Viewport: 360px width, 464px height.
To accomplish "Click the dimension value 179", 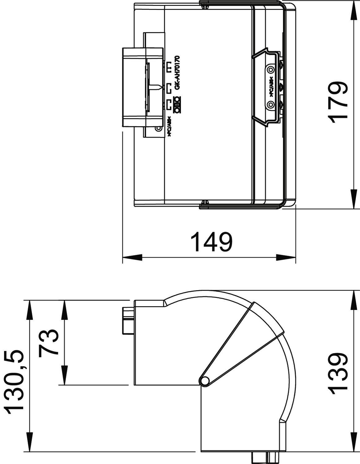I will click(337, 102).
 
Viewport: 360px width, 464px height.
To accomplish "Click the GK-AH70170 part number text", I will click(177, 73).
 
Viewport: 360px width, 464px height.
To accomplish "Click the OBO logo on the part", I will click(178, 104).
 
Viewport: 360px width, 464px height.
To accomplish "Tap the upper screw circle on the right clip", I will click(271, 69).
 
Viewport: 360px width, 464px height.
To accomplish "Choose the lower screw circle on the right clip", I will click(271, 105).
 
